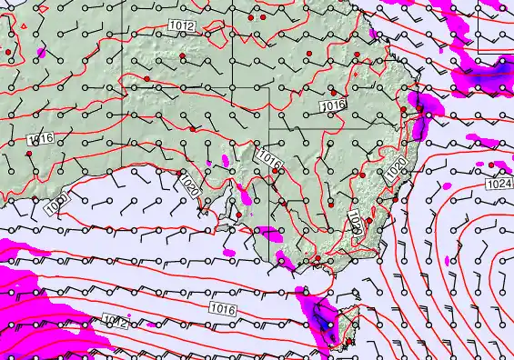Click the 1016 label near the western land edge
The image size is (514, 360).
click(x=40, y=138)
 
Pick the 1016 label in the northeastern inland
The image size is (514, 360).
click(x=334, y=106)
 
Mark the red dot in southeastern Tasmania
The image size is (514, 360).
click(x=350, y=341)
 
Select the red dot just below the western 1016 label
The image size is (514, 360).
click(x=30, y=155)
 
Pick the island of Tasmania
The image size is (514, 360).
click(x=335, y=325)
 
